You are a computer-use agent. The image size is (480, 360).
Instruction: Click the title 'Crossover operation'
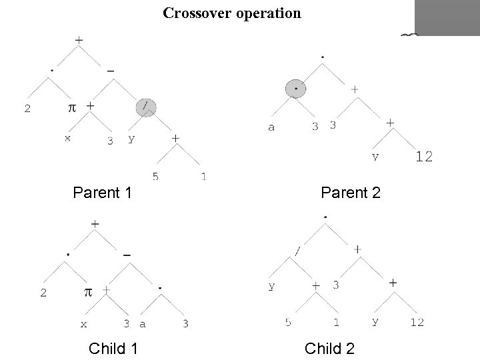click(232, 13)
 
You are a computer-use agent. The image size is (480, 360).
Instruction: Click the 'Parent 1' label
click(102, 193)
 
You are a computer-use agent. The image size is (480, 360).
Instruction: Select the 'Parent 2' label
click(350, 193)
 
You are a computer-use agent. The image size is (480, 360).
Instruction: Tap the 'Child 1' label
click(113, 348)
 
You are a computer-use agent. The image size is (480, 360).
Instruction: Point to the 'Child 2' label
click(329, 348)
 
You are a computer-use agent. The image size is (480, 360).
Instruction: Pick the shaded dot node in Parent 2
click(295, 88)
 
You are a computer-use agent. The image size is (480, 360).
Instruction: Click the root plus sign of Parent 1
click(79, 40)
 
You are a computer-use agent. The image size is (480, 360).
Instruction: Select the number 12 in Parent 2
click(424, 157)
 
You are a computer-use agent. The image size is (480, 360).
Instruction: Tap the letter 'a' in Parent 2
click(271, 127)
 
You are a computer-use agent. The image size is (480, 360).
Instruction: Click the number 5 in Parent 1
click(155, 177)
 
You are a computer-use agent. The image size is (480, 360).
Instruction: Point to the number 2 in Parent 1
click(27, 109)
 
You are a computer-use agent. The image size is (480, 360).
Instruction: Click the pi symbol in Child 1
click(87, 293)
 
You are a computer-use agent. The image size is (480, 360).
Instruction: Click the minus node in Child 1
click(127, 254)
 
